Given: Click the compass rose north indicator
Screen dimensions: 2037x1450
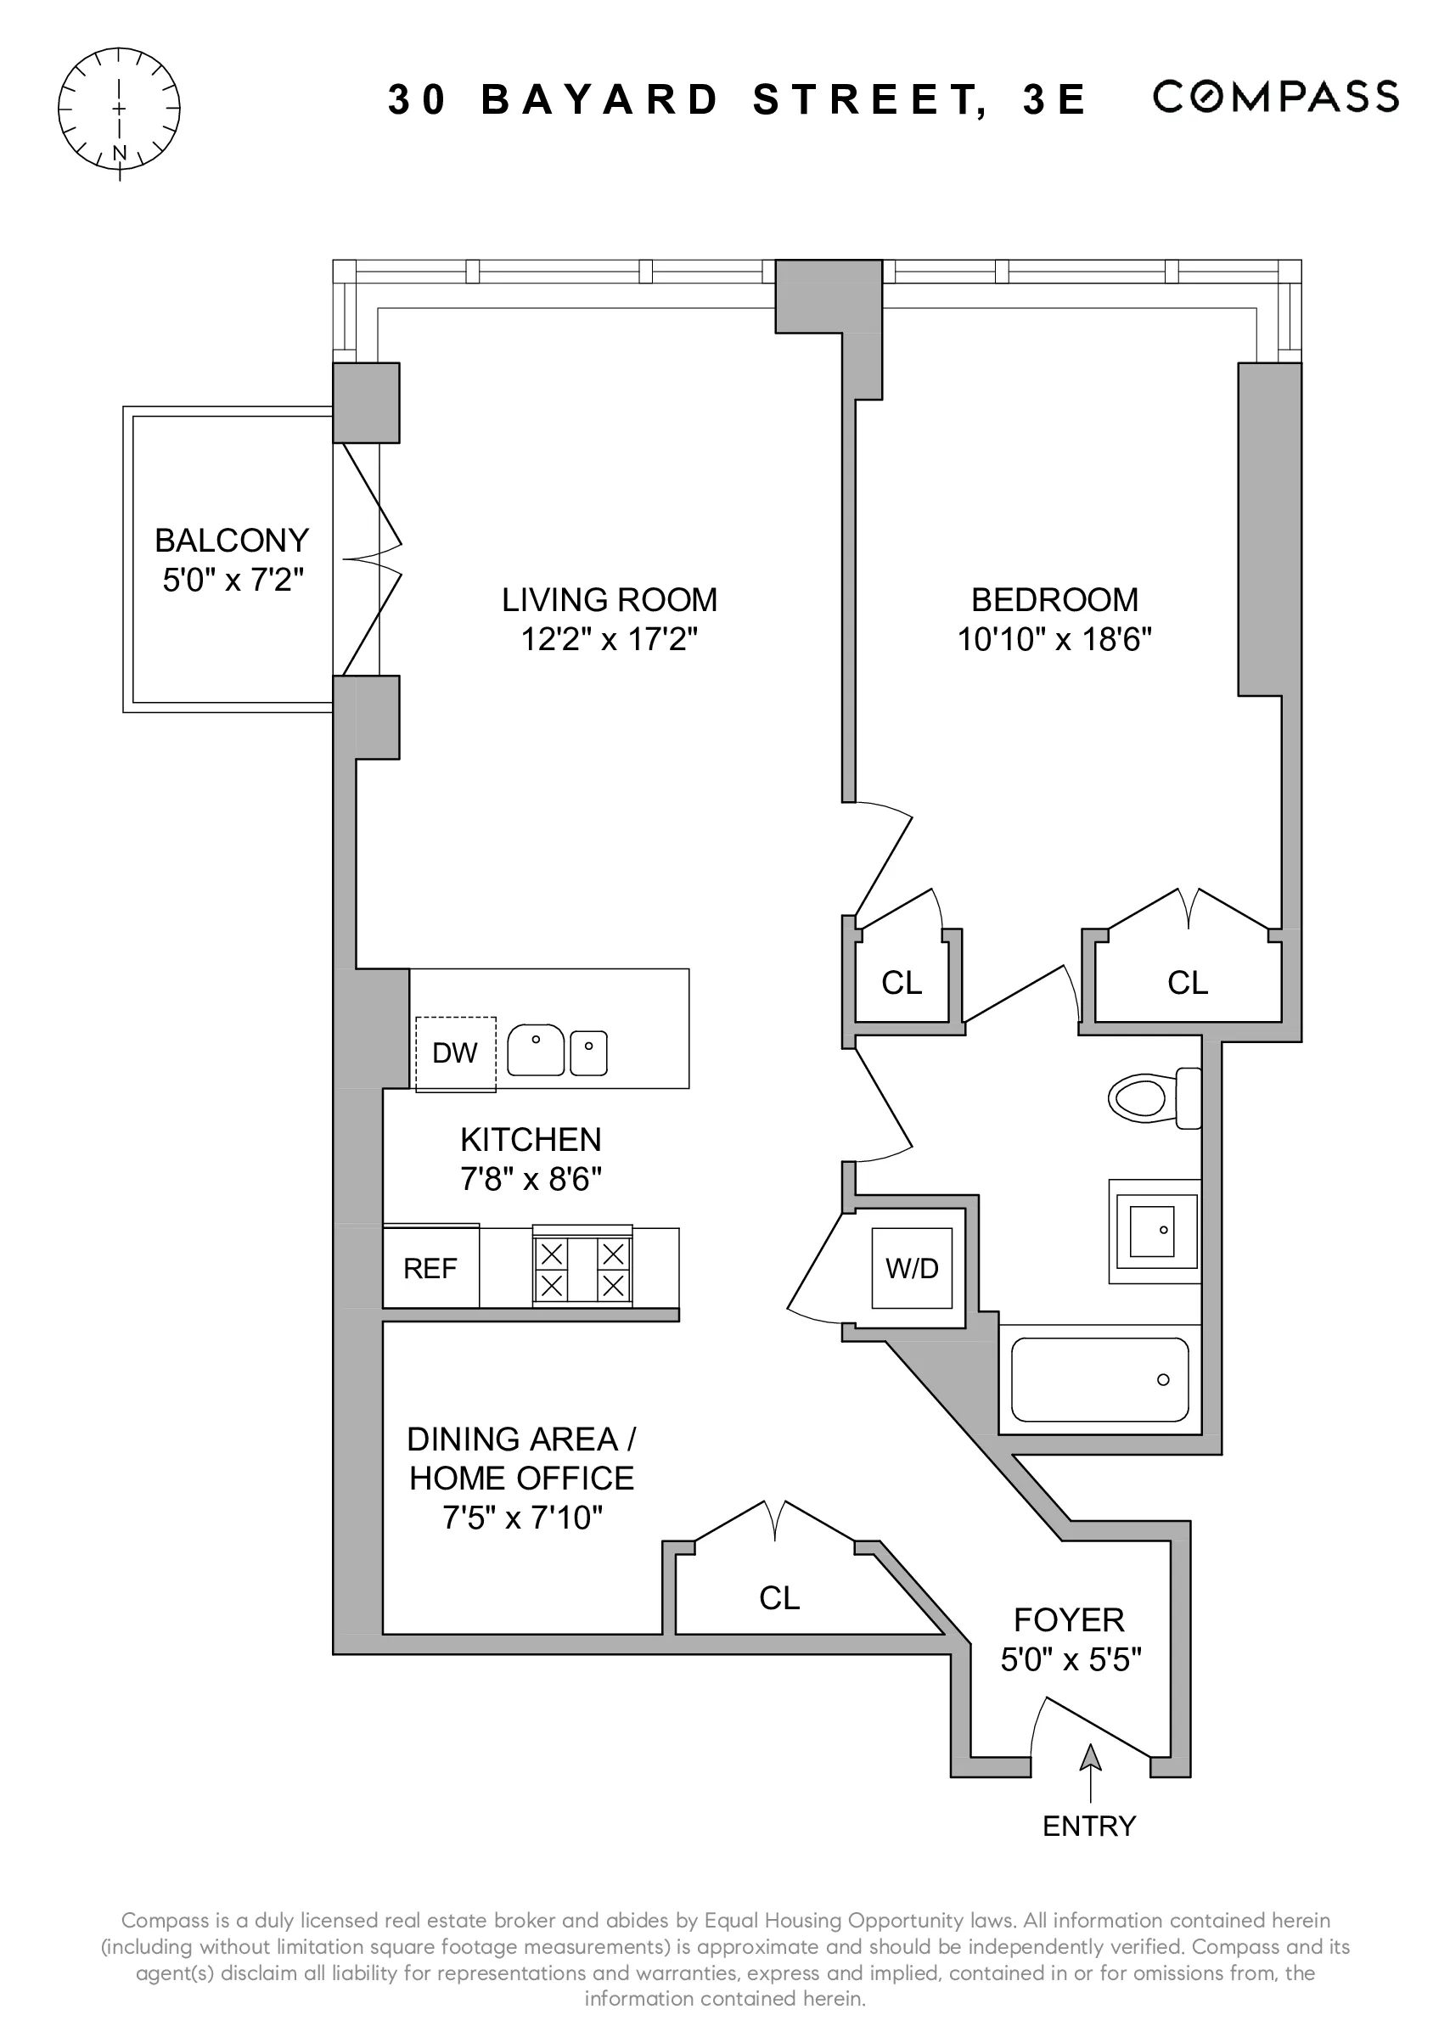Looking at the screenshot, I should pyautogui.click(x=119, y=154).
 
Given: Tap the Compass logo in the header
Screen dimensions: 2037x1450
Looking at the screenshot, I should pyautogui.click(x=1275, y=98).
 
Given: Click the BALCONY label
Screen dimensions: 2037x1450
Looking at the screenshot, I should pyautogui.click(x=232, y=540).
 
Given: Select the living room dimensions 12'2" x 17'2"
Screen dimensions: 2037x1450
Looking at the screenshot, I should pyautogui.click(x=609, y=639).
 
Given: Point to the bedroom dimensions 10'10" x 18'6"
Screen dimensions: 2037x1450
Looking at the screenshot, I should pyautogui.click(x=1054, y=639).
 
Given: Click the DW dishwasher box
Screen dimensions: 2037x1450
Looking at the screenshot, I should pyautogui.click(x=455, y=1053).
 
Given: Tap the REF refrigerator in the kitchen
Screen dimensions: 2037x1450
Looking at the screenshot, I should pyautogui.click(x=430, y=1268).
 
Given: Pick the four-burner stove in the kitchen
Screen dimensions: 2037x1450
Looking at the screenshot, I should pyautogui.click(x=582, y=1268).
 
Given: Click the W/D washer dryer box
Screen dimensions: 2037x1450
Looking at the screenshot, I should pyautogui.click(x=912, y=1268).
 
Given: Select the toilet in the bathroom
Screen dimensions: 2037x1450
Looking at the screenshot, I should pyautogui.click(x=1152, y=1097).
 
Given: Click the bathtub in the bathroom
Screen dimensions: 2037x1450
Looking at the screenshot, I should pyautogui.click(x=1099, y=1379).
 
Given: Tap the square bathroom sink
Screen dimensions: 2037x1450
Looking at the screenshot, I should pyautogui.click(x=1153, y=1231).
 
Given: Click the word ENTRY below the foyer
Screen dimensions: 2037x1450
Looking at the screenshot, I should pyautogui.click(x=1089, y=1827).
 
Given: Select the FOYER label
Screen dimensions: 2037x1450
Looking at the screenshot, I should pyautogui.click(x=1070, y=1620).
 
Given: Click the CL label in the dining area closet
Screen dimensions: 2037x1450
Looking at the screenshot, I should pyautogui.click(x=779, y=1598).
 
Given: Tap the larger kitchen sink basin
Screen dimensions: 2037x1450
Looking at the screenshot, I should pyautogui.click(x=536, y=1051).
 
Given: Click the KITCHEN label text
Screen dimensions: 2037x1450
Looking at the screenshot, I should pyautogui.click(x=531, y=1140).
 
